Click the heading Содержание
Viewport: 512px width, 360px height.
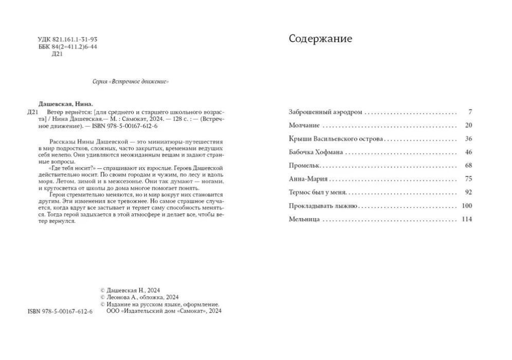click(320, 39)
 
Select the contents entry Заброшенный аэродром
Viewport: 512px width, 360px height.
click(326, 112)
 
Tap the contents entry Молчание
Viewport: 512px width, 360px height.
click(304, 125)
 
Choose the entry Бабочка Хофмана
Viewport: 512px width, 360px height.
click(316, 152)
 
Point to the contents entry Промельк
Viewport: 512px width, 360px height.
click(305, 166)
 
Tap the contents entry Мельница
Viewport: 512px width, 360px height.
click(305, 219)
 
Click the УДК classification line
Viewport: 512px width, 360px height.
click(68, 39)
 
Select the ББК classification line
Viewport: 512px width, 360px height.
click(68, 47)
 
